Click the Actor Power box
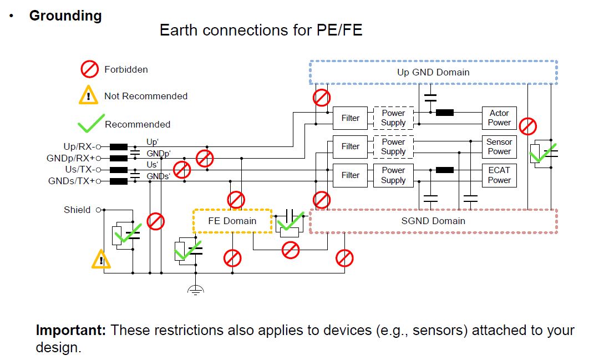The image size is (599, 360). [499, 118]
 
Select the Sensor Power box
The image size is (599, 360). [499, 146]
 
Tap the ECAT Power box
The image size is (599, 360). [499, 175]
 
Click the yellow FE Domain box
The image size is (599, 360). [232, 221]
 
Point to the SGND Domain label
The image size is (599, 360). [433, 221]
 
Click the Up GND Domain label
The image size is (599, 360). [433, 72]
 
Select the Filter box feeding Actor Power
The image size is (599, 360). [350, 118]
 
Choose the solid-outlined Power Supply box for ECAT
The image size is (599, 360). [393, 175]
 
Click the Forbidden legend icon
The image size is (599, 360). [89, 70]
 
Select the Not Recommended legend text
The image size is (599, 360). [146, 96]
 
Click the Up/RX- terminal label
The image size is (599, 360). [78, 146]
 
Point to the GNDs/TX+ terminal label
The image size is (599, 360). [71, 181]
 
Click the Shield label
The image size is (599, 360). [77, 210]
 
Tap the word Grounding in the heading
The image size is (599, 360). [65, 16]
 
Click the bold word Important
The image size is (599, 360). [70, 331]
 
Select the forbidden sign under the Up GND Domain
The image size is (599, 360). [321, 98]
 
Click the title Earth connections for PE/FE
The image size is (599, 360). [261, 30]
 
